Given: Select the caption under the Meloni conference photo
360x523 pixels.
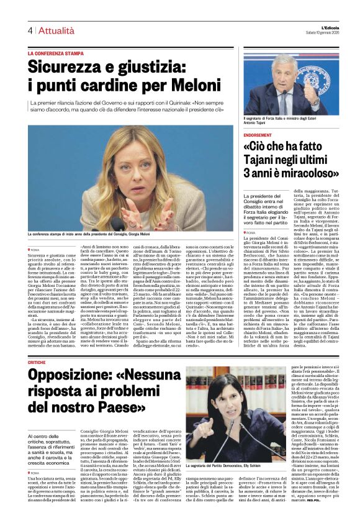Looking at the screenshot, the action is pyautogui.click(x=89, y=234).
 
